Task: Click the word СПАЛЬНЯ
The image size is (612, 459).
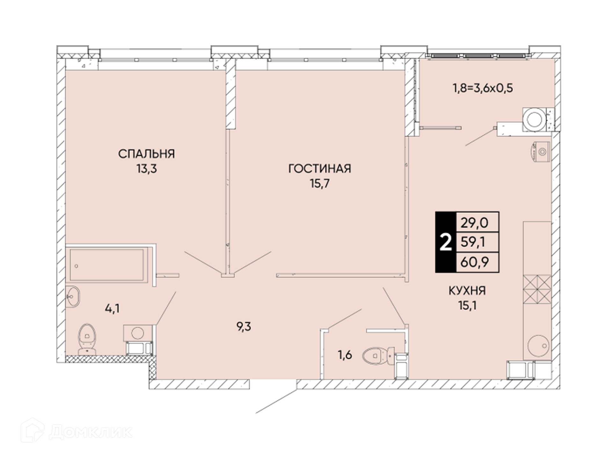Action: pyautogui.click(x=147, y=154)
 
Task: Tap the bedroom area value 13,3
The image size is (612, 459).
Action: pyautogui.click(x=147, y=169)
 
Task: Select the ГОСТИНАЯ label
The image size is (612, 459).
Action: pyautogui.click(x=320, y=169)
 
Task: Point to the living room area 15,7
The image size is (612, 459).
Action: pyautogui.click(x=320, y=184)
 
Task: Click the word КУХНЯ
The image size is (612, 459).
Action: pyautogui.click(x=467, y=291)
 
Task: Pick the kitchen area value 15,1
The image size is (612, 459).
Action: pyautogui.click(x=467, y=306)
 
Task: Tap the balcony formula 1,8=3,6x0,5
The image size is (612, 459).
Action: pyautogui.click(x=483, y=88)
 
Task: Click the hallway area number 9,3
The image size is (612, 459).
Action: pyautogui.click(x=244, y=327)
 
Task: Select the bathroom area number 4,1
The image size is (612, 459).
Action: pyautogui.click(x=112, y=309)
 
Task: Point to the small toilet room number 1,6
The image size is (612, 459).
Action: pyautogui.click(x=345, y=355)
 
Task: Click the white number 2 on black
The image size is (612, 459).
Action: pyautogui.click(x=446, y=242)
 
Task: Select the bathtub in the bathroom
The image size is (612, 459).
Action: pyautogui.click(x=107, y=265)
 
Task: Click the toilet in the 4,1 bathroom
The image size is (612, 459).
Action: pyautogui.click(x=87, y=339)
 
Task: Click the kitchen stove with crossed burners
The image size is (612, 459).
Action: pyautogui.click(x=537, y=289)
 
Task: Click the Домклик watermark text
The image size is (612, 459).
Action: pyautogui.click(x=91, y=432)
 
